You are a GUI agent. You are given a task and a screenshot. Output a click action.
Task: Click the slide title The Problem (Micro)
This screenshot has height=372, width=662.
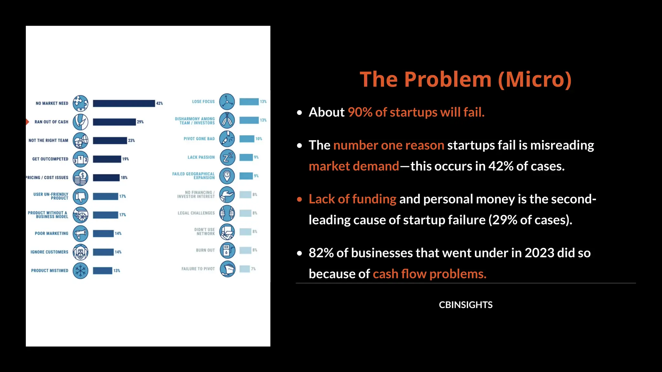coord(465,79)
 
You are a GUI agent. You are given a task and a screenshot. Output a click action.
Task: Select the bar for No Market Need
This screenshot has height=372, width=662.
coord(124,103)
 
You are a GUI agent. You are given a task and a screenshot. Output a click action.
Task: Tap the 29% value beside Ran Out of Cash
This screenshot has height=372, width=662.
coord(140,122)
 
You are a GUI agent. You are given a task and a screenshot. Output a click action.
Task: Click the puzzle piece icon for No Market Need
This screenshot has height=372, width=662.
coord(80,103)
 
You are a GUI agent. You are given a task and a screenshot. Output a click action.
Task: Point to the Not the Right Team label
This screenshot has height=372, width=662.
coord(48,140)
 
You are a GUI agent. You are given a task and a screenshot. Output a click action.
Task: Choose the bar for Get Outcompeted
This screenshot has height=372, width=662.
coord(107,159)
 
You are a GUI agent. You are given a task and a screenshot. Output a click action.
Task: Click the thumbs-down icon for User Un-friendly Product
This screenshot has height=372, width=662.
coord(80,196)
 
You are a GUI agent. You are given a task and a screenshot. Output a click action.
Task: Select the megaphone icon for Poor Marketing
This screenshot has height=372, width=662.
coord(80,233)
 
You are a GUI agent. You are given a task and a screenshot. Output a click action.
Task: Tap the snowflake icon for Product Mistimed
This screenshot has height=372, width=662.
coord(80,271)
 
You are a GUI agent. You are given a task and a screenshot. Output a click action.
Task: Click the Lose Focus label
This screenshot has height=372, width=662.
coord(203,102)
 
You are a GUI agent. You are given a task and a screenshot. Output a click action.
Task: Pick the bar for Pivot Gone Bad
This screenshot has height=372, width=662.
coord(247,139)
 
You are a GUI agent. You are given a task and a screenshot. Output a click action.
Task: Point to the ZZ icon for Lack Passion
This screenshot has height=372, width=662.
coord(227,157)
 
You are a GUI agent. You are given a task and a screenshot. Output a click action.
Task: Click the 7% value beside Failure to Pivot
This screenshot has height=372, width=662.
coord(253,269)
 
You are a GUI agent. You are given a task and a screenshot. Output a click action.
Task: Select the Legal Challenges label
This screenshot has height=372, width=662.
coord(196,213)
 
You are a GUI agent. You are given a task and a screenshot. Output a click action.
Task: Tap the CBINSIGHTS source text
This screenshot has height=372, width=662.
coord(465,305)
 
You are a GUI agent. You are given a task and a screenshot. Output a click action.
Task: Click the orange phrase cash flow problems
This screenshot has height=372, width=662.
coord(430,274)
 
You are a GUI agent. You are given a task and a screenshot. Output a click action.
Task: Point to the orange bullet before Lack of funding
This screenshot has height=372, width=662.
coord(300,200)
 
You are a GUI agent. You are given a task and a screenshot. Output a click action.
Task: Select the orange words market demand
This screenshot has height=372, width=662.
coord(354,167)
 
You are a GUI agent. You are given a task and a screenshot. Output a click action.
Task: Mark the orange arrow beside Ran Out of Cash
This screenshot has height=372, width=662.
coord(27,122)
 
